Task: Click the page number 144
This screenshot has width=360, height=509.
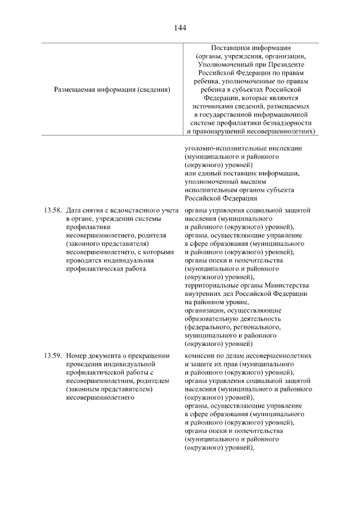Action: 180,27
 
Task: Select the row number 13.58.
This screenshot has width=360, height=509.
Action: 53,210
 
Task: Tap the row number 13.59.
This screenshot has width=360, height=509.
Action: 53,356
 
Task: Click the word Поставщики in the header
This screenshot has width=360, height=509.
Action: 230,48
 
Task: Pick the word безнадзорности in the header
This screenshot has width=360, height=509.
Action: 285,122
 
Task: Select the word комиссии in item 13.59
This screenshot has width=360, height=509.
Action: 200,356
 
